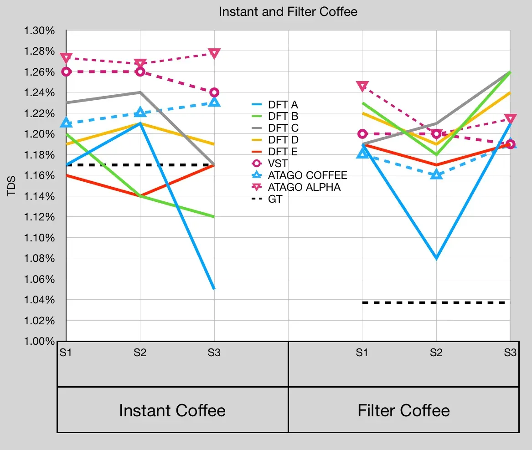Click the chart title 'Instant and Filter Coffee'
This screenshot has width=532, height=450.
click(x=288, y=12)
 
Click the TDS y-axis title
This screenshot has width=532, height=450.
click(x=12, y=185)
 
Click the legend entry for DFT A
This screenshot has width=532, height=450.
click(x=283, y=104)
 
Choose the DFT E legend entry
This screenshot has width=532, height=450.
click(x=283, y=152)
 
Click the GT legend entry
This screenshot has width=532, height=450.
click(x=275, y=199)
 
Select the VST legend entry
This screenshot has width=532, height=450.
click(x=278, y=164)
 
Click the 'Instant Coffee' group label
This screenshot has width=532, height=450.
click(x=172, y=410)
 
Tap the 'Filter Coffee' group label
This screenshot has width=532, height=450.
click(x=403, y=410)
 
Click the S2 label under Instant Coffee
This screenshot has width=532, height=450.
click(x=140, y=352)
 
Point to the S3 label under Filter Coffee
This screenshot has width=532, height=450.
click(x=510, y=352)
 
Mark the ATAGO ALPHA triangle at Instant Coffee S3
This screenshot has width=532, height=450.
click(x=214, y=53)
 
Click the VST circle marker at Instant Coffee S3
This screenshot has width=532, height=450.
click(x=214, y=92)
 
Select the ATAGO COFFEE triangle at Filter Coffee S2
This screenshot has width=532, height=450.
click(x=436, y=174)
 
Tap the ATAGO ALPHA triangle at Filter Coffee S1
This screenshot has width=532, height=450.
click(x=362, y=86)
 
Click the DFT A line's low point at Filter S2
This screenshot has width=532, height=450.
click(x=436, y=258)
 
